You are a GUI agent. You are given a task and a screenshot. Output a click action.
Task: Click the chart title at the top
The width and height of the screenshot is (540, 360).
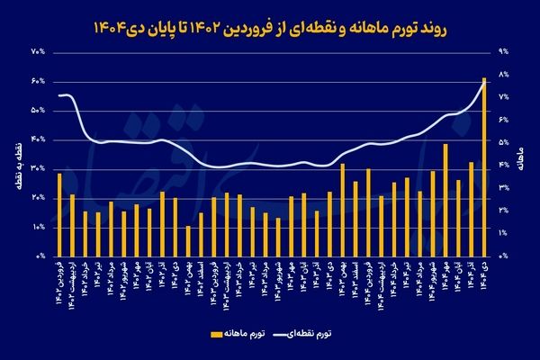pos(269,30)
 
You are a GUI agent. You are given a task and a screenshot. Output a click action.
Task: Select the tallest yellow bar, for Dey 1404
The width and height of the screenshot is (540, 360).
pos(485,166)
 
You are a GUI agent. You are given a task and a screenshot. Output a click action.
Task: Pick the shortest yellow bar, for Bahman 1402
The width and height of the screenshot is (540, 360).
pos(188,240)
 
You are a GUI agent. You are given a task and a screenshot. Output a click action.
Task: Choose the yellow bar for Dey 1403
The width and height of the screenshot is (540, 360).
pos(343,210)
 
